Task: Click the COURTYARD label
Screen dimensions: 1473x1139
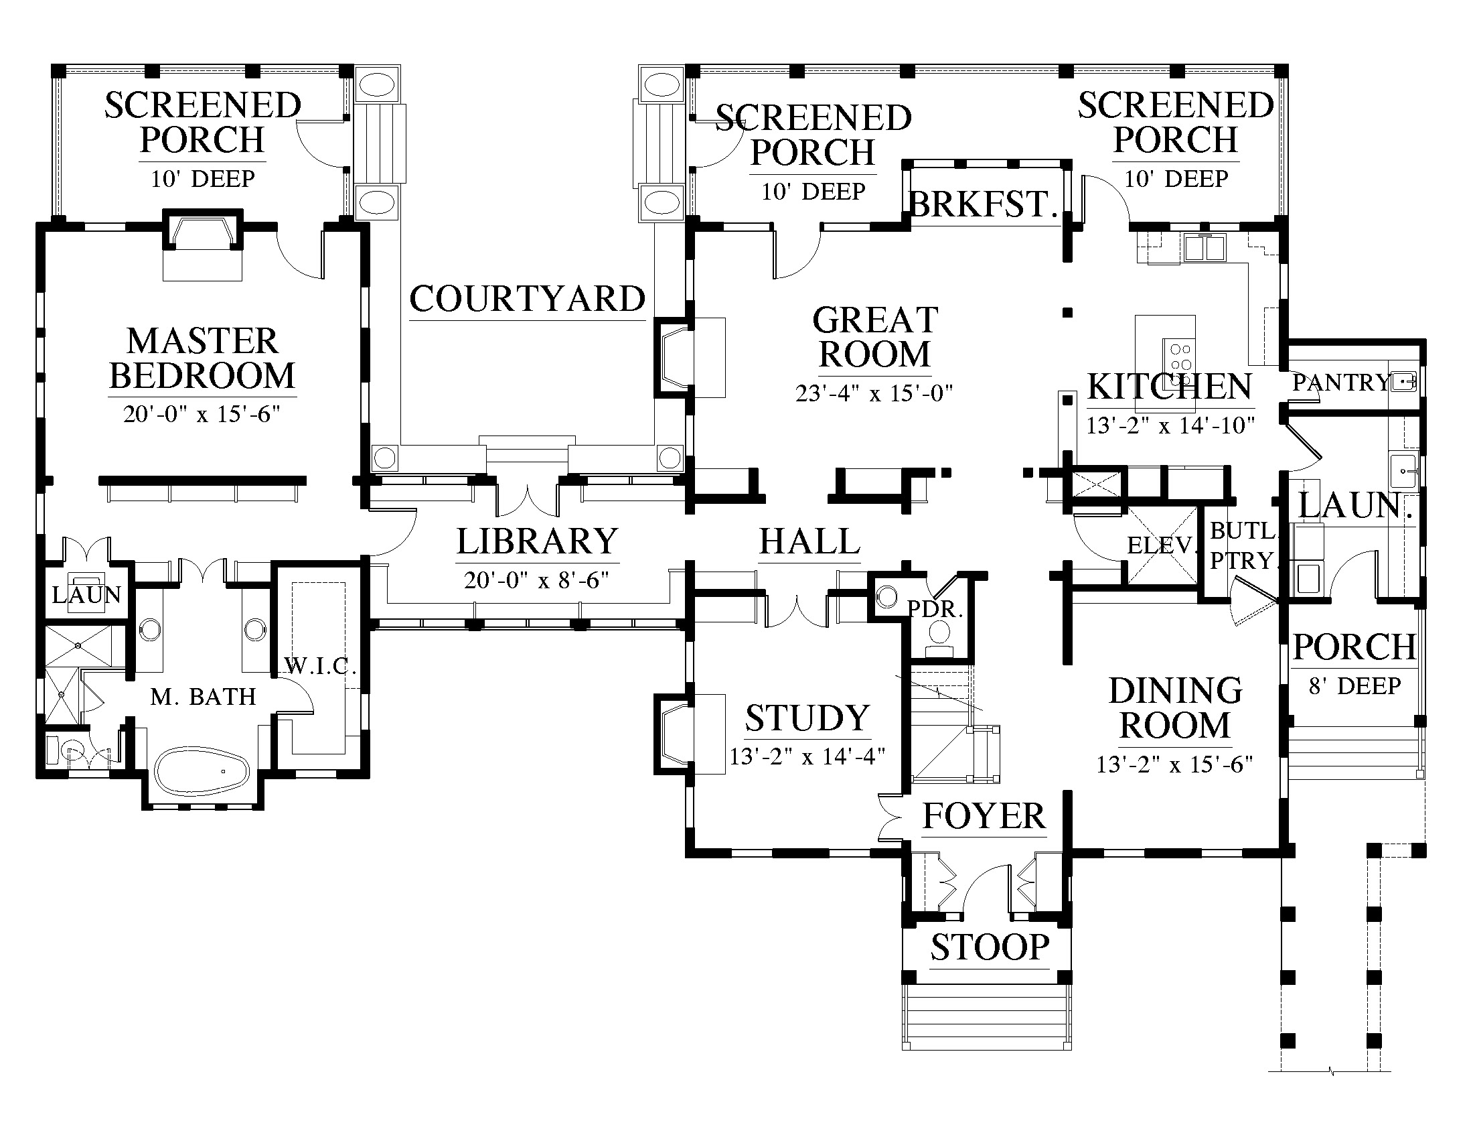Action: [528, 299]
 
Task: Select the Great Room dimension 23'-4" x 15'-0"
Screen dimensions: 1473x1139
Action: [874, 393]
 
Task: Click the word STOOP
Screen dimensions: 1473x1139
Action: [990, 947]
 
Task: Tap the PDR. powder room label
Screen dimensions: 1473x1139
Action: [935, 609]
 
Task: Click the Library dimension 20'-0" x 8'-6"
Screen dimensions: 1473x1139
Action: [537, 580]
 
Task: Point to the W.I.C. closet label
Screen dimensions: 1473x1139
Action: [315, 667]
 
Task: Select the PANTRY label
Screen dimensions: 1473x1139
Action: [1341, 383]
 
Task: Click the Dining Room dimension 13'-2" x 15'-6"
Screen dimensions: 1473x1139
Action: [1175, 764]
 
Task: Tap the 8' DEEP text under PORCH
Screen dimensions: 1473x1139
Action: [1355, 686]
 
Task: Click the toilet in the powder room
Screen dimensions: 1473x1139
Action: [939, 639]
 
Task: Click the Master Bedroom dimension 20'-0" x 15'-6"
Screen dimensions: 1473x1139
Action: [202, 413]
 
